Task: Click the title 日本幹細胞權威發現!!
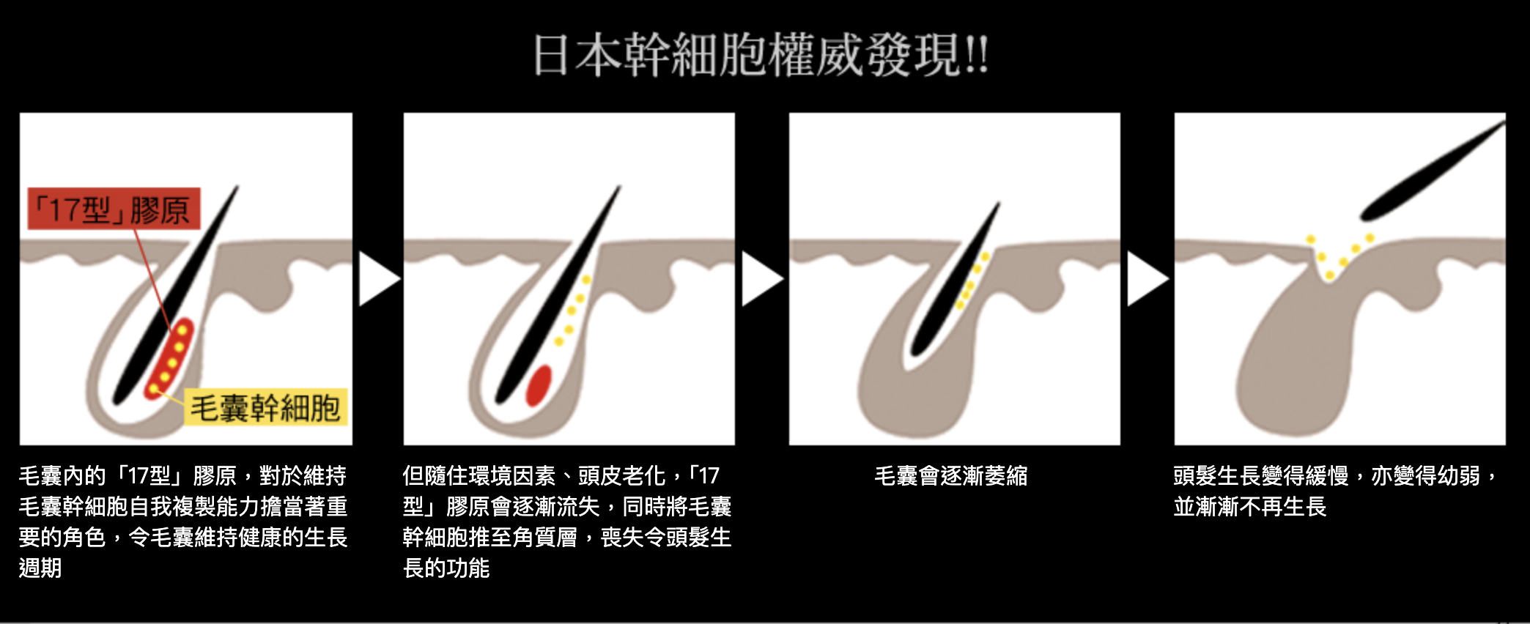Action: [x=761, y=55]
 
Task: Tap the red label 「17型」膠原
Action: [x=114, y=209]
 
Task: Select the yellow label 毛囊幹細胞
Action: [x=265, y=408]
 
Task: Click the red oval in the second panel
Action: [x=539, y=385]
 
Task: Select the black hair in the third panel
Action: [x=954, y=279]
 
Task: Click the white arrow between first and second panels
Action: [x=378, y=279]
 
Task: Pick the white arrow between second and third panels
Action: [x=762, y=279]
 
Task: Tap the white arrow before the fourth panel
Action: [x=1147, y=279]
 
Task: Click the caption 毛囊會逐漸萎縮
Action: [x=951, y=476]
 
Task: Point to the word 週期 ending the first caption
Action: [x=40, y=568]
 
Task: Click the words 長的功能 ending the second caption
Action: [x=446, y=568]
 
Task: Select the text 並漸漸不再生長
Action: [x=1250, y=507]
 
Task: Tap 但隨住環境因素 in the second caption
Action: [x=479, y=476]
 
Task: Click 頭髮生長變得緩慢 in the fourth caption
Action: [x=1261, y=476]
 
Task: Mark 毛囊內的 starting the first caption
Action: [x=62, y=476]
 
